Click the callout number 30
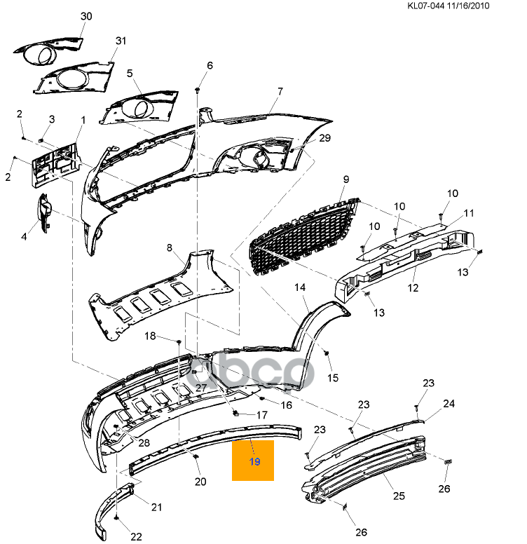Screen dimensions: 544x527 click(x=86, y=15)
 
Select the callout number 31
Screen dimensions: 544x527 click(x=121, y=41)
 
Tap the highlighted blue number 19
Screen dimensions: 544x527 click(x=254, y=462)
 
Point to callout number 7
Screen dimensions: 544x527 click(x=280, y=92)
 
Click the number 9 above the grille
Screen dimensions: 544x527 click(x=345, y=179)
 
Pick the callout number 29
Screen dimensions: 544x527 click(x=324, y=138)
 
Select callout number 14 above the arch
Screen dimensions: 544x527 click(x=300, y=287)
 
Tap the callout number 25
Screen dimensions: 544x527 click(x=399, y=496)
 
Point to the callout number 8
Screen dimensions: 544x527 click(x=169, y=247)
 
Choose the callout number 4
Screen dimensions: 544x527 click(x=24, y=237)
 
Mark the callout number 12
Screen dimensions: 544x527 click(x=413, y=287)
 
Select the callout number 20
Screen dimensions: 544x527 click(x=200, y=482)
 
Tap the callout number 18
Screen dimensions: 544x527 click(x=150, y=336)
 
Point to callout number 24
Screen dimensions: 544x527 click(x=449, y=404)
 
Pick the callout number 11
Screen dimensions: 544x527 click(x=469, y=212)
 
